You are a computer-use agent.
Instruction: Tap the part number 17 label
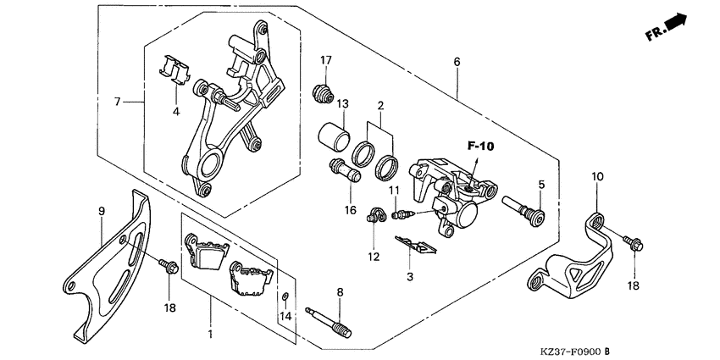click(x=326, y=59)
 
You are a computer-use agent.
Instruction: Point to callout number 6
click(x=457, y=63)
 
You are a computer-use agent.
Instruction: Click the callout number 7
click(x=119, y=102)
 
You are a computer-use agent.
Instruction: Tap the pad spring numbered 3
click(x=415, y=246)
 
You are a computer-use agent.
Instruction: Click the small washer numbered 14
click(x=286, y=296)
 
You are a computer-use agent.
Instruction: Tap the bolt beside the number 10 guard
click(x=631, y=243)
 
